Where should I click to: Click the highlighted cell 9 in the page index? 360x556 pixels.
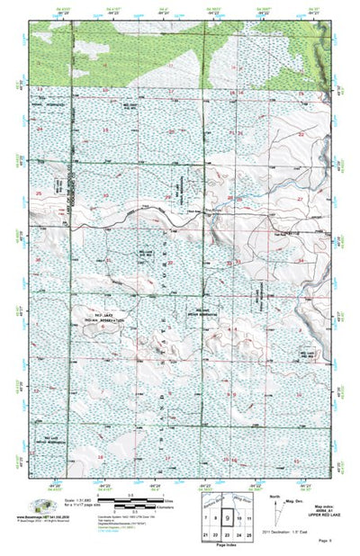click(227, 519)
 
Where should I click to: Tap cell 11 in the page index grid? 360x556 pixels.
click(248, 519)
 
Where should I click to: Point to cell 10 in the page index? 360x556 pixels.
click(238, 519)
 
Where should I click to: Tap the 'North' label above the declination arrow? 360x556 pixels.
click(274, 495)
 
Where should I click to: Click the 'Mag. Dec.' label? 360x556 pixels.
click(294, 500)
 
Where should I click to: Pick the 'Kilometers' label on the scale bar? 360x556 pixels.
click(139, 508)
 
